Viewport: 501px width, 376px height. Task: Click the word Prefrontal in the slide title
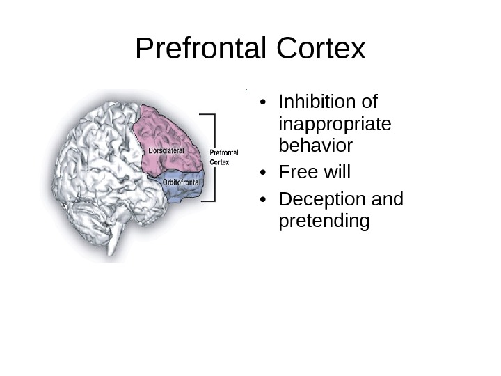pyautogui.click(x=201, y=49)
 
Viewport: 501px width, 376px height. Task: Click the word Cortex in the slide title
pyautogui.click(x=321, y=49)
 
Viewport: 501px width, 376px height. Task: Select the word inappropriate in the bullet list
pyautogui.click(x=334, y=125)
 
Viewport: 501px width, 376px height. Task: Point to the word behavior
pyautogui.click(x=315, y=146)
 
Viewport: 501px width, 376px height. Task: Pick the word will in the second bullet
pyautogui.click(x=336, y=172)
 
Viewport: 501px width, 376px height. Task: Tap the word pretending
pyautogui.click(x=324, y=221)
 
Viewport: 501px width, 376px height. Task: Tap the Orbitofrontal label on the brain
pyautogui.click(x=181, y=183)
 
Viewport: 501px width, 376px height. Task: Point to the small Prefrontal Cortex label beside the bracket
pyautogui.click(x=224, y=157)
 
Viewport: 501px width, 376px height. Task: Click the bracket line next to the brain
pyautogui.click(x=214, y=157)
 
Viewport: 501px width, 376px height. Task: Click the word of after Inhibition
pyautogui.click(x=366, y=102)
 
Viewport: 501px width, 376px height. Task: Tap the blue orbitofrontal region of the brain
pyautogui.click(x=184, y=191)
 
